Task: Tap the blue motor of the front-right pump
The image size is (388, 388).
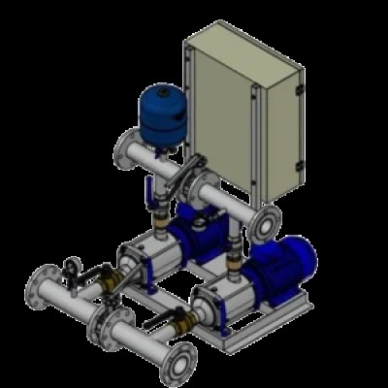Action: [x=295, y=261]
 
